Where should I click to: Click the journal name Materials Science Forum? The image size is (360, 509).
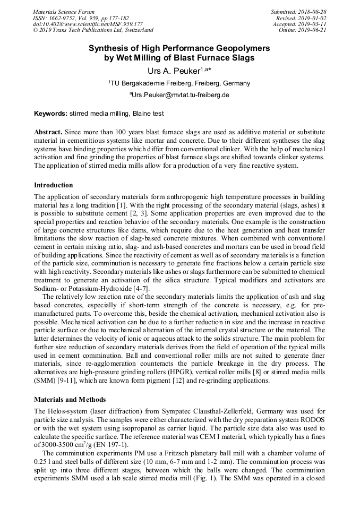[64, 12]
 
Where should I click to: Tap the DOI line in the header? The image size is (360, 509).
[88, 24]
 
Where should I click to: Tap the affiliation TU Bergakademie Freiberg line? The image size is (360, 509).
[179, 83]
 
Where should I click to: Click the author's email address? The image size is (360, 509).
[179, 95]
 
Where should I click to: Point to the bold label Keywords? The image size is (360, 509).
[51, 114]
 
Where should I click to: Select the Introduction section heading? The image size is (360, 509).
[54, 185]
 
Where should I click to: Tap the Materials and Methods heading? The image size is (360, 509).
[70, 399]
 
